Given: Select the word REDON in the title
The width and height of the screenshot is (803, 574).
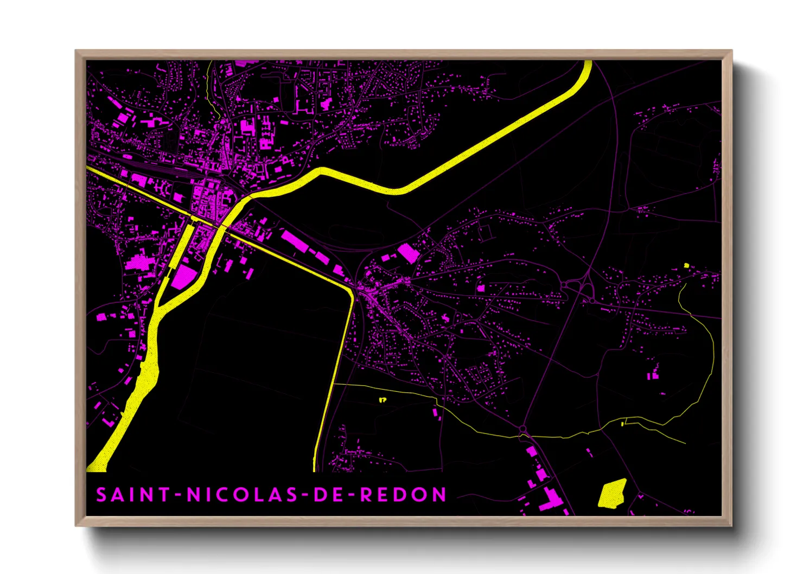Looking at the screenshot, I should coord(404,495).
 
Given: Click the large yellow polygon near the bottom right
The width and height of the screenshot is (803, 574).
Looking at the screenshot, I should coord(613,493).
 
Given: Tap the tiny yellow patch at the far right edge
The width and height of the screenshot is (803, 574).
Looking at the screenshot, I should coord(686,265).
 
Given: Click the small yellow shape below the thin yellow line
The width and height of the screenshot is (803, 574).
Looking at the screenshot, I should coord(383,400).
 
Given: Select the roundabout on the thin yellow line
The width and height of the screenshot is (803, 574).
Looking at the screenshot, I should coord(523,430).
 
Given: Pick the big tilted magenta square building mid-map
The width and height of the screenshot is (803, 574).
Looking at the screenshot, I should coord(408,253).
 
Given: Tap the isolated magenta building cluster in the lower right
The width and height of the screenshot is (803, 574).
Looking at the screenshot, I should coord(653,373).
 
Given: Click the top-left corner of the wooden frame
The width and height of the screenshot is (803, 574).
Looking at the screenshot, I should coord(76,50).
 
